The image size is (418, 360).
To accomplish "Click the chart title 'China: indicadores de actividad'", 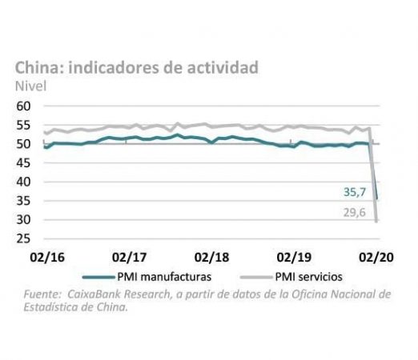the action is click(137, 68).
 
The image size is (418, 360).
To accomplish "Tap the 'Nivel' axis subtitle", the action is click(30, 86).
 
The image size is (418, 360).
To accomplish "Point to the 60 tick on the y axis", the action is click(23, 106).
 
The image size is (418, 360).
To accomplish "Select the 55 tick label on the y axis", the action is click(23, 125).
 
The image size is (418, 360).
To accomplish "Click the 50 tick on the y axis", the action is click(23, 144).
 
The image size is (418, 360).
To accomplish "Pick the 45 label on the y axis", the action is click(23, 163).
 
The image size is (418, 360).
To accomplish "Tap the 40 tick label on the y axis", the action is click(23, 182).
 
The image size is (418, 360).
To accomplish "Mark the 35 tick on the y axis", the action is click(23, 201).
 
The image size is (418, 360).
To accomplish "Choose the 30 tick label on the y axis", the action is click(23, 220).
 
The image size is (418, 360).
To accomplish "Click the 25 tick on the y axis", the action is click(23, 238).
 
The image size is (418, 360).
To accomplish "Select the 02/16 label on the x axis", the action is click(47, 258).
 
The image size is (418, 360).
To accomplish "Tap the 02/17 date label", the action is click(130, 258).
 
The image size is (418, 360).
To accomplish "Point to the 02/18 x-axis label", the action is click(211, 258).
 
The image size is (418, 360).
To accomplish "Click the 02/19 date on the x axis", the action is click(294, 258).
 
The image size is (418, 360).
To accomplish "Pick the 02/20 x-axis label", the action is click(376, 258).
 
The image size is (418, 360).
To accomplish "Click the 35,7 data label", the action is click(355, 192).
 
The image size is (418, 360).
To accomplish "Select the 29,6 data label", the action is click(355, 213).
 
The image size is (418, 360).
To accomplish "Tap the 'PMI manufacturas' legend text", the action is click(164, 277).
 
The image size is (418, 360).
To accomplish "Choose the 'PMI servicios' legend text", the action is click(309, 277).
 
